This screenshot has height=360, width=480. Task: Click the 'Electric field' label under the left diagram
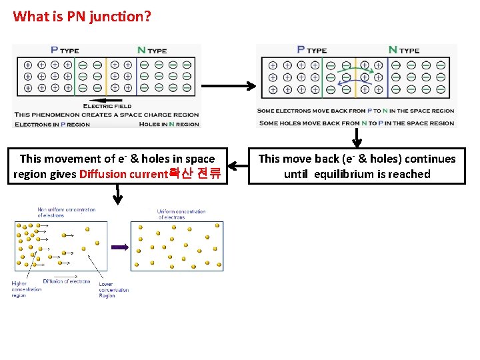coord(107,105)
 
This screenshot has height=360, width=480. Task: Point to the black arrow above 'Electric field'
coord(107,99)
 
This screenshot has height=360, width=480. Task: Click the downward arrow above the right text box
coord(357,137)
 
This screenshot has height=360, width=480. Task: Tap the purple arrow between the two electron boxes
coord(119,247)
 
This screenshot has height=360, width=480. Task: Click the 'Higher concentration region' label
coord(20,289)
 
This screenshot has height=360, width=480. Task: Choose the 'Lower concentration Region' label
coord(113,289)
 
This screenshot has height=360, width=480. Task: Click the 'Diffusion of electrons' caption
coord(67,281)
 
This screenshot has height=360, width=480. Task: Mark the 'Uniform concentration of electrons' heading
coord(182,214)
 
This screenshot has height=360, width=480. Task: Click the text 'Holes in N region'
coord(169,124)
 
